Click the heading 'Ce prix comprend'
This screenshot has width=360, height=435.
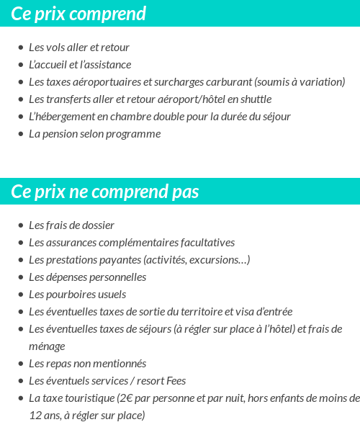(78, 14)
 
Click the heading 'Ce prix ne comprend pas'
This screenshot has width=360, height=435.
(105, 192)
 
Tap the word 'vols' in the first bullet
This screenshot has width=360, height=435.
(57, 48)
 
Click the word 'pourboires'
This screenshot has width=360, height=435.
(68, 295)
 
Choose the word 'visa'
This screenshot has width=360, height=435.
(249, 312)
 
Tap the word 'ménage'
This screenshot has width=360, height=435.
(47, 346)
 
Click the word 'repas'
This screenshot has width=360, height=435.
(60, 364)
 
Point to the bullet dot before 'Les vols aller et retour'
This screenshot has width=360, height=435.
(20, 48)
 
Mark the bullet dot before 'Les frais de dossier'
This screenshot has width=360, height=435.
(20, 225)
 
